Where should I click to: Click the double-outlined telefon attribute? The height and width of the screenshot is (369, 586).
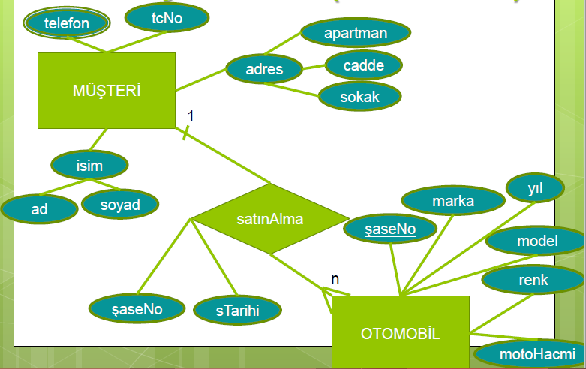point(67,23)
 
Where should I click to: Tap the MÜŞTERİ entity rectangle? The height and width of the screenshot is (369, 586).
point(107,91)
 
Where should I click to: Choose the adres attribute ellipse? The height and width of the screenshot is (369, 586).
point(264,70)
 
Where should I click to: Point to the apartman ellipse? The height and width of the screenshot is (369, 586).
point(356,34)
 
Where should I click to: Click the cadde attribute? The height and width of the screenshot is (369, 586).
point(363,65)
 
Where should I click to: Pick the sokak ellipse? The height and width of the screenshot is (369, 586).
point(360,97)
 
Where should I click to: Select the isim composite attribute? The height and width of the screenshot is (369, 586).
point(89,166)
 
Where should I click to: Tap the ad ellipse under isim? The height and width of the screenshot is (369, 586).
point(39,209)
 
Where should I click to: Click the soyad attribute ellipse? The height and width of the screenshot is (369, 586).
point(120,205)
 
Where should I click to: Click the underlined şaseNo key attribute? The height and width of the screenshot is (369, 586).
point(389,229)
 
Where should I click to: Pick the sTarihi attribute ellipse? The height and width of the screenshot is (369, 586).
point(237,310)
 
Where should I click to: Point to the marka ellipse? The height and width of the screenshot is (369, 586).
point(452,202)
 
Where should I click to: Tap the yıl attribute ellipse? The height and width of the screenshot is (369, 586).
point(534,189)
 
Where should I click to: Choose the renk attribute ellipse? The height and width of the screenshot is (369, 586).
point(533,280)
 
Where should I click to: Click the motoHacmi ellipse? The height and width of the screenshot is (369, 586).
point(530,353)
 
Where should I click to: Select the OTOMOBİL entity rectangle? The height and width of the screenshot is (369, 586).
point(400,331)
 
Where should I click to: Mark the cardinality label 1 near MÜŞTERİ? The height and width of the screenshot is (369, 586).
point(191,115)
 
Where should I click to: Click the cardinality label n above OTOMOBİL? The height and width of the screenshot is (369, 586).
point(335,279)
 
